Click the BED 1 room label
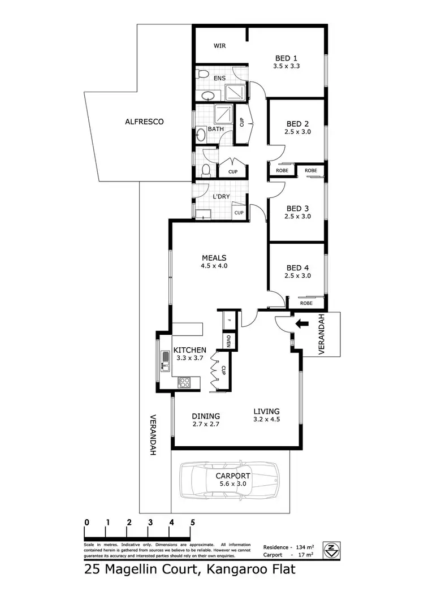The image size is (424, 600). [x=286, y=58]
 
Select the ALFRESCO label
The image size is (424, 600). [x=144, y=121]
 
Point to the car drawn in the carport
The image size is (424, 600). [x=229, y=481]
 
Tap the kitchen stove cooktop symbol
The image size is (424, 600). [x=183, y=382]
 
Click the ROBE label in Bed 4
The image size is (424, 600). [x=306, y=303]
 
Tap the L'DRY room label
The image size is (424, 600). [x=220, y=197]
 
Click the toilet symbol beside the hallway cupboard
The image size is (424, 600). [x=205, y=169]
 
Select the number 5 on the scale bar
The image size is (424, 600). [x=193, y=522]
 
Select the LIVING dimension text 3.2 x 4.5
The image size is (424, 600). [x=267, y=420]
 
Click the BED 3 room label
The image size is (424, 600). [x=298, y=208]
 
